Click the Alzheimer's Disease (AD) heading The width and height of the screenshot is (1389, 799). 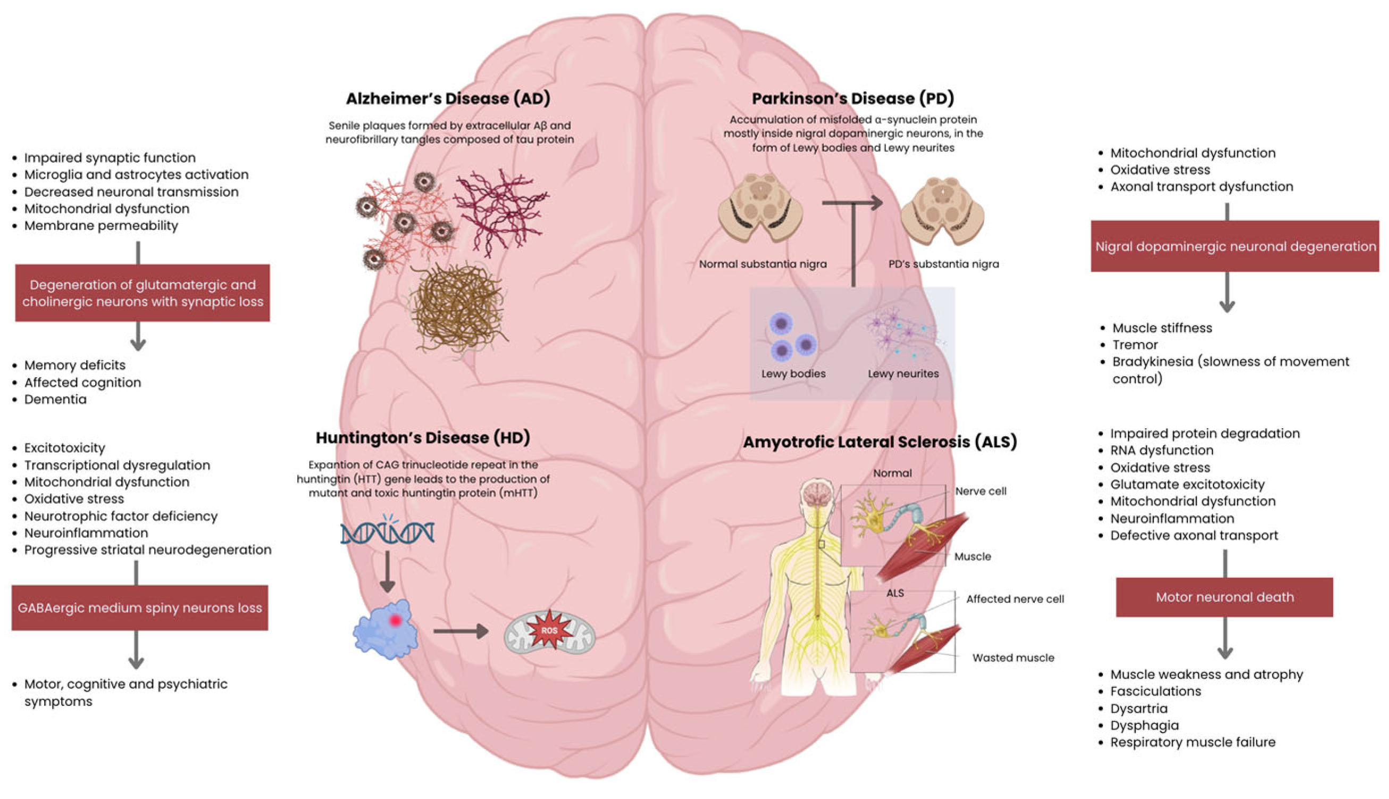pyautogui.click(x=448, y=99)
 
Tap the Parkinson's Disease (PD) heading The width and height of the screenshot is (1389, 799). pyautogui.click(x=852, y=99)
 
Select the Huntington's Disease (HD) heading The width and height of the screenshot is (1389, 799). pyautogui.click(x=423, y=438)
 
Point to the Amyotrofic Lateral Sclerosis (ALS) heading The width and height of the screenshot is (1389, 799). pyautogui.click(x=880, y=442)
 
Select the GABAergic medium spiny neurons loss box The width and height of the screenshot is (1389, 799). pyautogui.click(x=139, y=608)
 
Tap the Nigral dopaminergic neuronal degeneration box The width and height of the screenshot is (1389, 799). pyautogui.click(x=1234, y=246)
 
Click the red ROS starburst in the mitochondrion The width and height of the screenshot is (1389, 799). pyautogui.click(x=549, y=630)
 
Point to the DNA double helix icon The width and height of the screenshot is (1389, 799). pyautogui.click(x=387, y=532)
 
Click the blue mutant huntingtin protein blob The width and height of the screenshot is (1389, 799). pyautogui.click(x=386, y=630)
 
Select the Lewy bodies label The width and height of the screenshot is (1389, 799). pyautogui.click(x=793, y=374)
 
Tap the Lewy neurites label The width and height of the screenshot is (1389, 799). pyautogui.click(x=903, y=374)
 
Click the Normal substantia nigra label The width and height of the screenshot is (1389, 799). pyautogui.click(x=763, y=264)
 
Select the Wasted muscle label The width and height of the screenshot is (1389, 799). pyautogui.click(x=1013, y=658)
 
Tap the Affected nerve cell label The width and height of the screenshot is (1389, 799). pyautogui.click(x=1015, y=599)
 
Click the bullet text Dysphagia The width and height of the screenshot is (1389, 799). pyautogui.click(x=1144, y=726)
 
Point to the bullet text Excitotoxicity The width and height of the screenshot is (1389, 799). pyautogui.click(x=65, y=448)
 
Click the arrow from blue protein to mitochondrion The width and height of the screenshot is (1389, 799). pyautogui.click(x=461, y=631)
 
